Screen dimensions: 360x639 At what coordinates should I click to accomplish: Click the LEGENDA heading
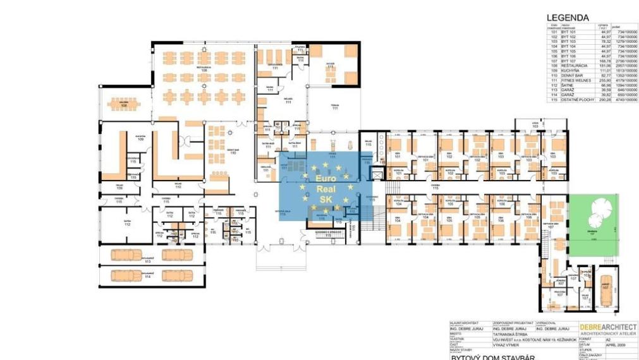click(x=568, y=18)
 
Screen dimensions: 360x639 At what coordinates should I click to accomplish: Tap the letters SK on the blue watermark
click(x=326, y=200)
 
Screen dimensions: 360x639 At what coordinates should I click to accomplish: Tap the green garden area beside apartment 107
click(x=593, y=220)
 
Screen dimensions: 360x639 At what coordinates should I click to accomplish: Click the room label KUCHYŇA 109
click(x=141, y=137)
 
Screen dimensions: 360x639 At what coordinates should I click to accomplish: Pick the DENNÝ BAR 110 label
click(x=233, y=152)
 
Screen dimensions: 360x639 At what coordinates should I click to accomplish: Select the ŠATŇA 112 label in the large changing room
click(x=127, y=223)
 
